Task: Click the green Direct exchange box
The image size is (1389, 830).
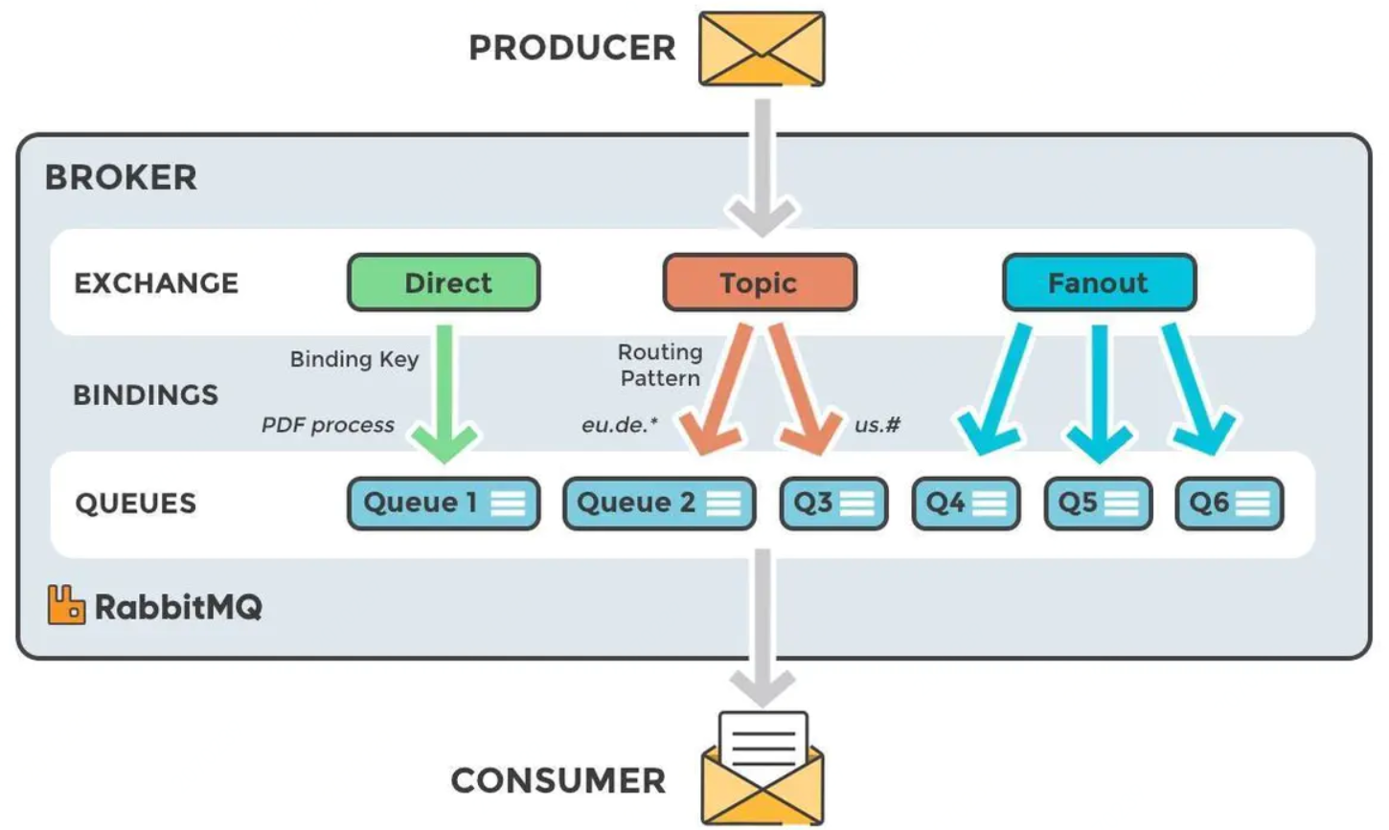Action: [444, 282]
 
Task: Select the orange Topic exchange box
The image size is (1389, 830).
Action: [760, 282]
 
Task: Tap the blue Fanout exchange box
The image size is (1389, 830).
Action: [1099, 282]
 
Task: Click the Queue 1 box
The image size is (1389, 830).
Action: [444, 504]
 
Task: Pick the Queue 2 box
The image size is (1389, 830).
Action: [659, 504]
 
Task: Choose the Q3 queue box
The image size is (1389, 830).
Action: [833, 504]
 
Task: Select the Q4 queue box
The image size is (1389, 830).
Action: [966, 504]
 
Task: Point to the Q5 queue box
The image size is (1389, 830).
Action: [1098, 504]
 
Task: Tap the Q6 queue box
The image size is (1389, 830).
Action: [1229, 504]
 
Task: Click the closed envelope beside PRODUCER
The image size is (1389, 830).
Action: [762, 49]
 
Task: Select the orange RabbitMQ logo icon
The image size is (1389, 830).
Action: [66, 605]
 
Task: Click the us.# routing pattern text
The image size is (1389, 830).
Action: [877, 425]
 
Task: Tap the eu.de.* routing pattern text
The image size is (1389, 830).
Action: [620, 425]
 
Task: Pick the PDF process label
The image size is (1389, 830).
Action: [328, 425]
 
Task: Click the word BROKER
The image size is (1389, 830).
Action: [121, 177]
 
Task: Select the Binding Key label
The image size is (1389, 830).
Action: [354, 359]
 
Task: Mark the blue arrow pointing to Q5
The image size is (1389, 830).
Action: [1100, 393]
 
